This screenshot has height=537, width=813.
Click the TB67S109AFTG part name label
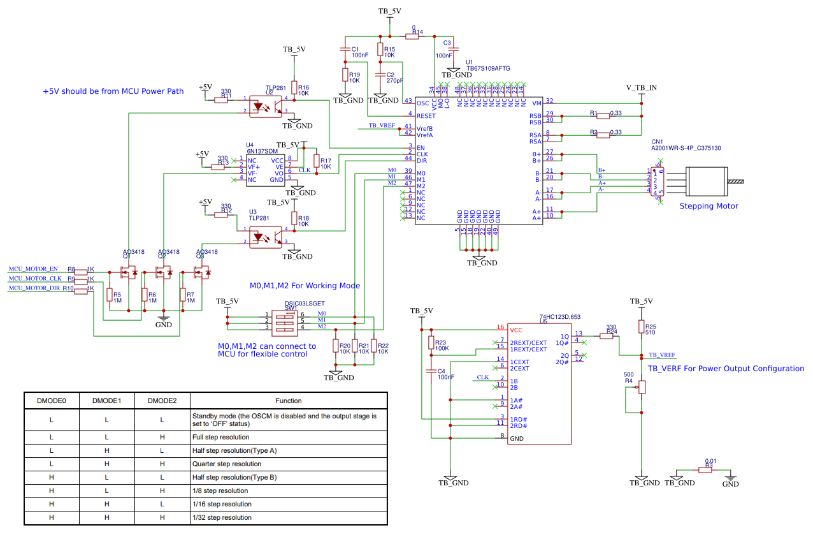pyautogui.click(x=488, y=68)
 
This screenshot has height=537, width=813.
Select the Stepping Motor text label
pyautogui.click(x=709, y=206)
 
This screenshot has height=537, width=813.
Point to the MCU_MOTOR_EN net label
pyautogui.click(x=32, y=269)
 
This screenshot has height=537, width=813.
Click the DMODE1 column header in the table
pyautogui.click(x=106, y=401)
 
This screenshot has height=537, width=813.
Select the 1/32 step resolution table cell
pyautogui.click(x=222, y=517)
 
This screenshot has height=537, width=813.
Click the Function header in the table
pyautogui.click(x=288, y=401)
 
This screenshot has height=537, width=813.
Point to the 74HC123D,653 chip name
pyautogui.click(x=560, y=317)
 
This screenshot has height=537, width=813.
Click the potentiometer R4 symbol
pyautogui.click(x=642, y=386)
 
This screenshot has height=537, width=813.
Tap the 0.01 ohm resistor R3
pyautogui.click(x=705, y=470)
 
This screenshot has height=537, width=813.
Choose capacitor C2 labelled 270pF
pyautogui.click(x=380, y=76)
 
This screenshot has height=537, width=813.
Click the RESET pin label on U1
pyautogui.click(x=426, y=115)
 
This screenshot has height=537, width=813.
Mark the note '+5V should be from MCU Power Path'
pyautogui.click(x=113, y=91)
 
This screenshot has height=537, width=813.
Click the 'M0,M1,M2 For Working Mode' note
pyautogui.click(x=305, y=285)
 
